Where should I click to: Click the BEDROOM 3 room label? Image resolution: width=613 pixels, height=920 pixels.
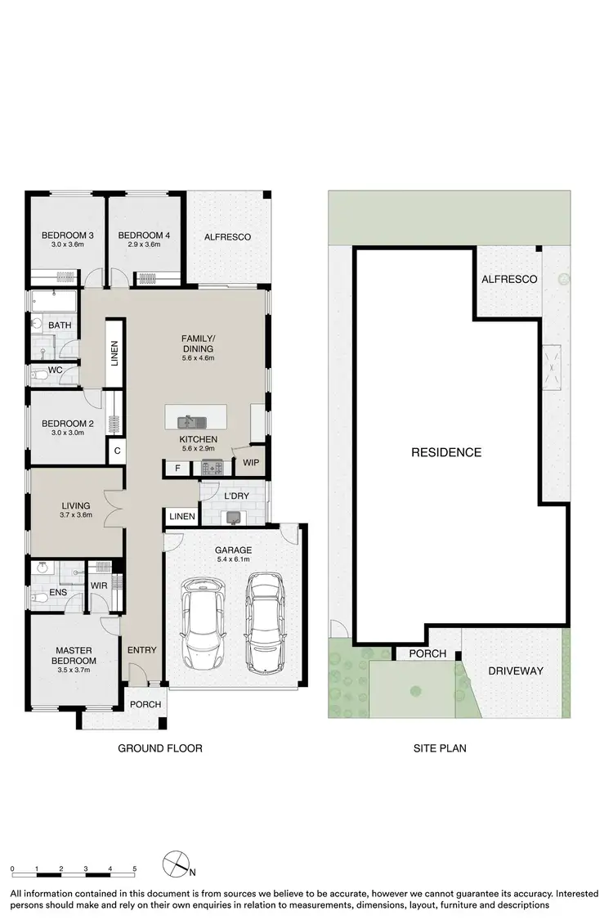(x=68, y=236)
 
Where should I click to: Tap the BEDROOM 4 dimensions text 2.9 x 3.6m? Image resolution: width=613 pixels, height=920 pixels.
(x=143, y=245)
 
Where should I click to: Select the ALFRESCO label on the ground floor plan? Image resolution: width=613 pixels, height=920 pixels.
(x=227, y=237)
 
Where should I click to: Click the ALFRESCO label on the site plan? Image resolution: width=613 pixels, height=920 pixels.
(x=509, y=280)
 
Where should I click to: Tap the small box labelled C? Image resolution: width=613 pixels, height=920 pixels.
(x=118, y=450)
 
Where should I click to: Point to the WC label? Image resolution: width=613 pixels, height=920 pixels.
(x=56, y=370)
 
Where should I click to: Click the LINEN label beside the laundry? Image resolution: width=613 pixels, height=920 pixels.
(x=182, y=517)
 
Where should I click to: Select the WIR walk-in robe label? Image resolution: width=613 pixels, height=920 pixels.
(x=99, y=586)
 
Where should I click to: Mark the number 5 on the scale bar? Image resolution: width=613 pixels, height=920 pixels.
(x=135, y=869)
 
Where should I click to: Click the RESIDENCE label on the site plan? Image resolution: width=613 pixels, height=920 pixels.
(x=445, y=452)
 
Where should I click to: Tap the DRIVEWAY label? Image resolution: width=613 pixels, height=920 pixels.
(x=515, y=671)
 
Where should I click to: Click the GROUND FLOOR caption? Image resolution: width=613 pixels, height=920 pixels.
(x=160, y=747)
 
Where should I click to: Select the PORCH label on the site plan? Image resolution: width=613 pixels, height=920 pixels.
(x=427, y=653)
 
